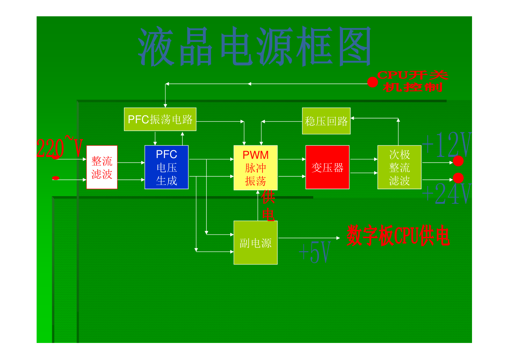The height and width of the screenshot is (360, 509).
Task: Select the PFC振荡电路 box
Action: [x=160, y=119]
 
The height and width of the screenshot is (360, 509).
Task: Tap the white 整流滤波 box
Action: [x=102, y=167]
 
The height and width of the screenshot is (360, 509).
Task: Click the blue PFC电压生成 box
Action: [x=166, y=167]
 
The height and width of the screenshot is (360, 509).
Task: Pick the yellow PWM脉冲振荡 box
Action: [x=256, y=167]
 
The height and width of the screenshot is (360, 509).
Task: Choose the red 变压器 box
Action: [x=327, y=167]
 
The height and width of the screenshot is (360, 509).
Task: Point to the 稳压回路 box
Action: [x=326, y=121]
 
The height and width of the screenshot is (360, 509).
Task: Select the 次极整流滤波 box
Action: [x=399, y=167]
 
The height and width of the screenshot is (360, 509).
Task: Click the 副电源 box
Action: [x=256, y=243]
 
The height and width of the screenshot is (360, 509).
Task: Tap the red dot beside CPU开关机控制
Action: [x=372, y=82]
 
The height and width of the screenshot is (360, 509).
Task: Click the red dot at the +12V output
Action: [x=458, y=161]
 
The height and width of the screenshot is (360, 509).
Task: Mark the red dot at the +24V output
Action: [x=458, y=178]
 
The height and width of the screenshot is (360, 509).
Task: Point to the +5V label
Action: [x=315, y=252]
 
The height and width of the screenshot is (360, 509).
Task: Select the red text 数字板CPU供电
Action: [x=398, y=236]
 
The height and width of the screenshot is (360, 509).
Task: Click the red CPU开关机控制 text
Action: [x=413, y=81]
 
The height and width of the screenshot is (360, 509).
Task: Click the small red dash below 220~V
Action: [x=56, y=178]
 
